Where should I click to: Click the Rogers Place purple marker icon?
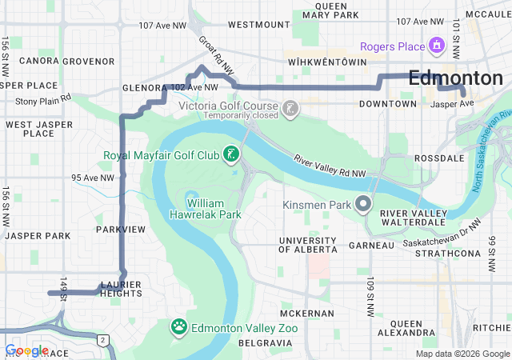[436, 46]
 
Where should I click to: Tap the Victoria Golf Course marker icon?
[290, 107]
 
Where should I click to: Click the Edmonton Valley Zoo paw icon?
[179, 326]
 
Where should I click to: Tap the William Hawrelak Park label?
[206, 209]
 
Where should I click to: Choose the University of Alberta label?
[307, 245]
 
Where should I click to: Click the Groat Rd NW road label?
[217, 57]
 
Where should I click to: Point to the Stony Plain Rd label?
[43, 100]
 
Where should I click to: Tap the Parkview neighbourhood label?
[120, 230]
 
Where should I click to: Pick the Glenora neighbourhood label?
[143, 88]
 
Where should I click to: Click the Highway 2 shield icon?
[102, 340]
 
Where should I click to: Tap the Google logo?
[26, 350]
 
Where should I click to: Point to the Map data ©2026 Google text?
[462, 354]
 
